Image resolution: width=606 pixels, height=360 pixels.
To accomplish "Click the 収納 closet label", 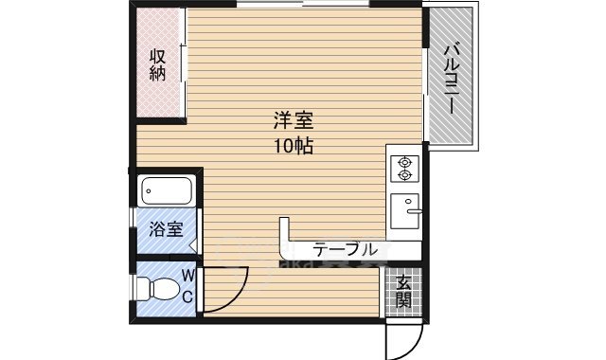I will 158,64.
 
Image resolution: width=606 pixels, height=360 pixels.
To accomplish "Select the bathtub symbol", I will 168,192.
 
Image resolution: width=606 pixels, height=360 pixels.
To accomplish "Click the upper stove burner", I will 405,161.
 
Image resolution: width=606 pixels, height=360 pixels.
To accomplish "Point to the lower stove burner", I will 405,175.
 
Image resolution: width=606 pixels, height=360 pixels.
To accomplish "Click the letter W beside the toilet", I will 187,275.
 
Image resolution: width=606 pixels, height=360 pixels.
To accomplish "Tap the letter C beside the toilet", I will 187,296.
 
